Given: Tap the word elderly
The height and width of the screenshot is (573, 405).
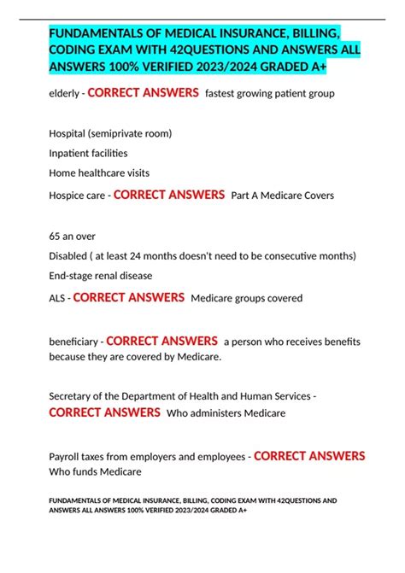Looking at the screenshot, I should tap(65, 93).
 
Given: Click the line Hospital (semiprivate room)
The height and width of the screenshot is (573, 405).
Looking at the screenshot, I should tap(110, 133).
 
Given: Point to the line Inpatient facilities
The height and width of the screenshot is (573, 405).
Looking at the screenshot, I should tap(89, 153).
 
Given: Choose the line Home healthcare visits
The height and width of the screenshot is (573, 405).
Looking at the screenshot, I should tap(99, 172).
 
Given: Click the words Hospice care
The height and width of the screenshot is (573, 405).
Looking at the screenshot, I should tap(77, 196).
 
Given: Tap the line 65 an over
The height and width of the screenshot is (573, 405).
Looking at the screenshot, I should tap(73, 236).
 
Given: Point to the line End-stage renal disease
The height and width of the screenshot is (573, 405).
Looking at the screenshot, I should tap(101, 275).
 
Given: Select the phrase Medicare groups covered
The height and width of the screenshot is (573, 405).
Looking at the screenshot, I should tap(246, 299).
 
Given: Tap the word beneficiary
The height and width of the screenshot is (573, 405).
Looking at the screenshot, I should tap(73, 342).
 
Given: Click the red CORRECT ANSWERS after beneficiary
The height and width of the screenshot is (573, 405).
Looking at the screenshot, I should tap(161, 341).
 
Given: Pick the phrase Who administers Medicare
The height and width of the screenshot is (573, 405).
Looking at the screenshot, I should tap(226, 413).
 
